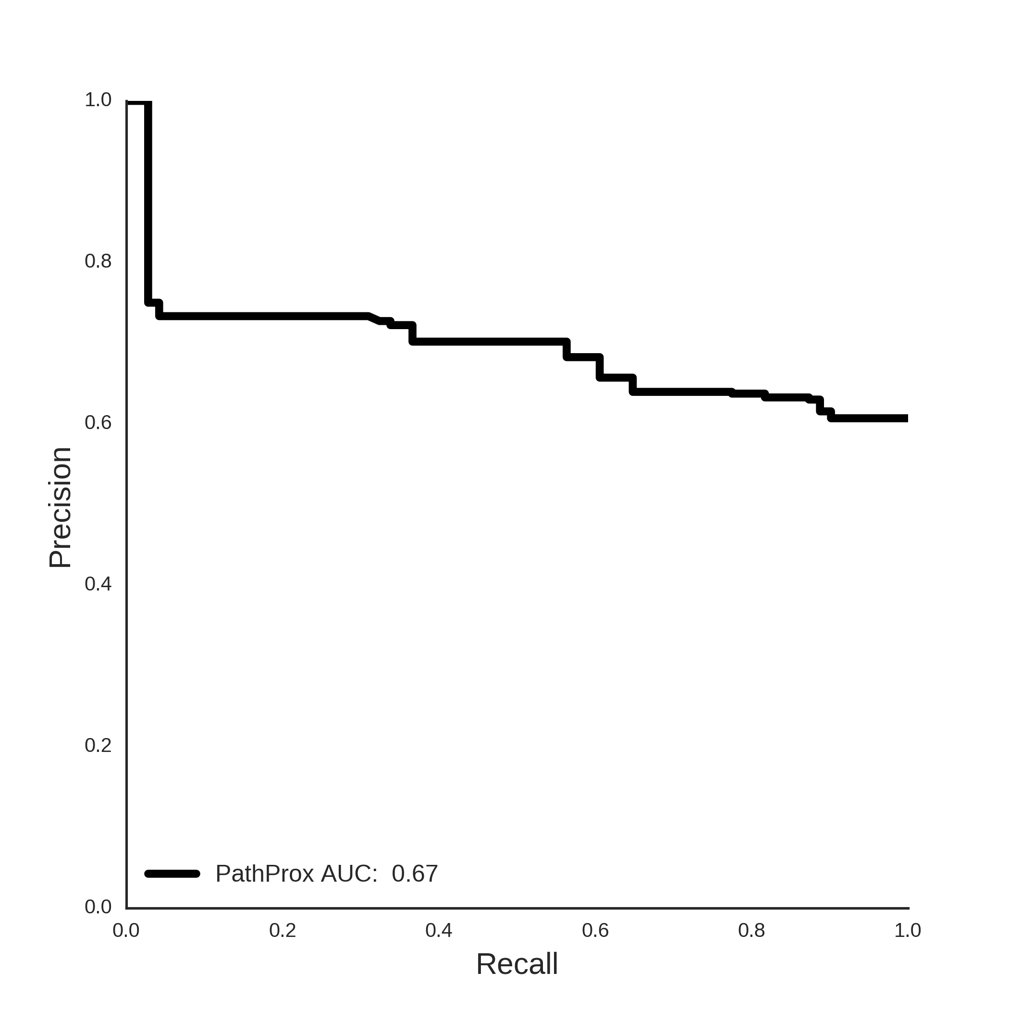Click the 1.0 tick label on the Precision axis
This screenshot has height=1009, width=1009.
(x=98, y=100)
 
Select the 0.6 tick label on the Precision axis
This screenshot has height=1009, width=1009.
(x=98, y=422)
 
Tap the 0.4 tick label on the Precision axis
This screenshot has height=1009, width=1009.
(x=98, y=584)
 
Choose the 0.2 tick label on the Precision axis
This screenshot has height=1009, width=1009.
(x=98, y=745)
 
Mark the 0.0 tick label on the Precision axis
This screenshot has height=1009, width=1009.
(x=98, y=907)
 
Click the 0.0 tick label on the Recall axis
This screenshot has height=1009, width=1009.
(x=126, y=930)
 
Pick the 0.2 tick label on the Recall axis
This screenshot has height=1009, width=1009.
(x=283, y=930)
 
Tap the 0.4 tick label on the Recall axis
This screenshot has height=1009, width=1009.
(x=439, y=930)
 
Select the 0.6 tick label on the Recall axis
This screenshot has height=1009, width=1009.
(x=595, y=930)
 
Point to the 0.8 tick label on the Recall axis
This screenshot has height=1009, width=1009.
(x=751, y=930)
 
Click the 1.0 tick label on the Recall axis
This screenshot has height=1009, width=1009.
(x=908, y=930)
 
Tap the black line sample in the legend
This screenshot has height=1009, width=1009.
(x=172, y=873)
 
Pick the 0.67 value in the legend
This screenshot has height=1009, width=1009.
(x=415, y=873)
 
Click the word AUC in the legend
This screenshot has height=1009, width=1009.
(x=349, y=873)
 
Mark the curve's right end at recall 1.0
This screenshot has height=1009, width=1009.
(x=907, y=418)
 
